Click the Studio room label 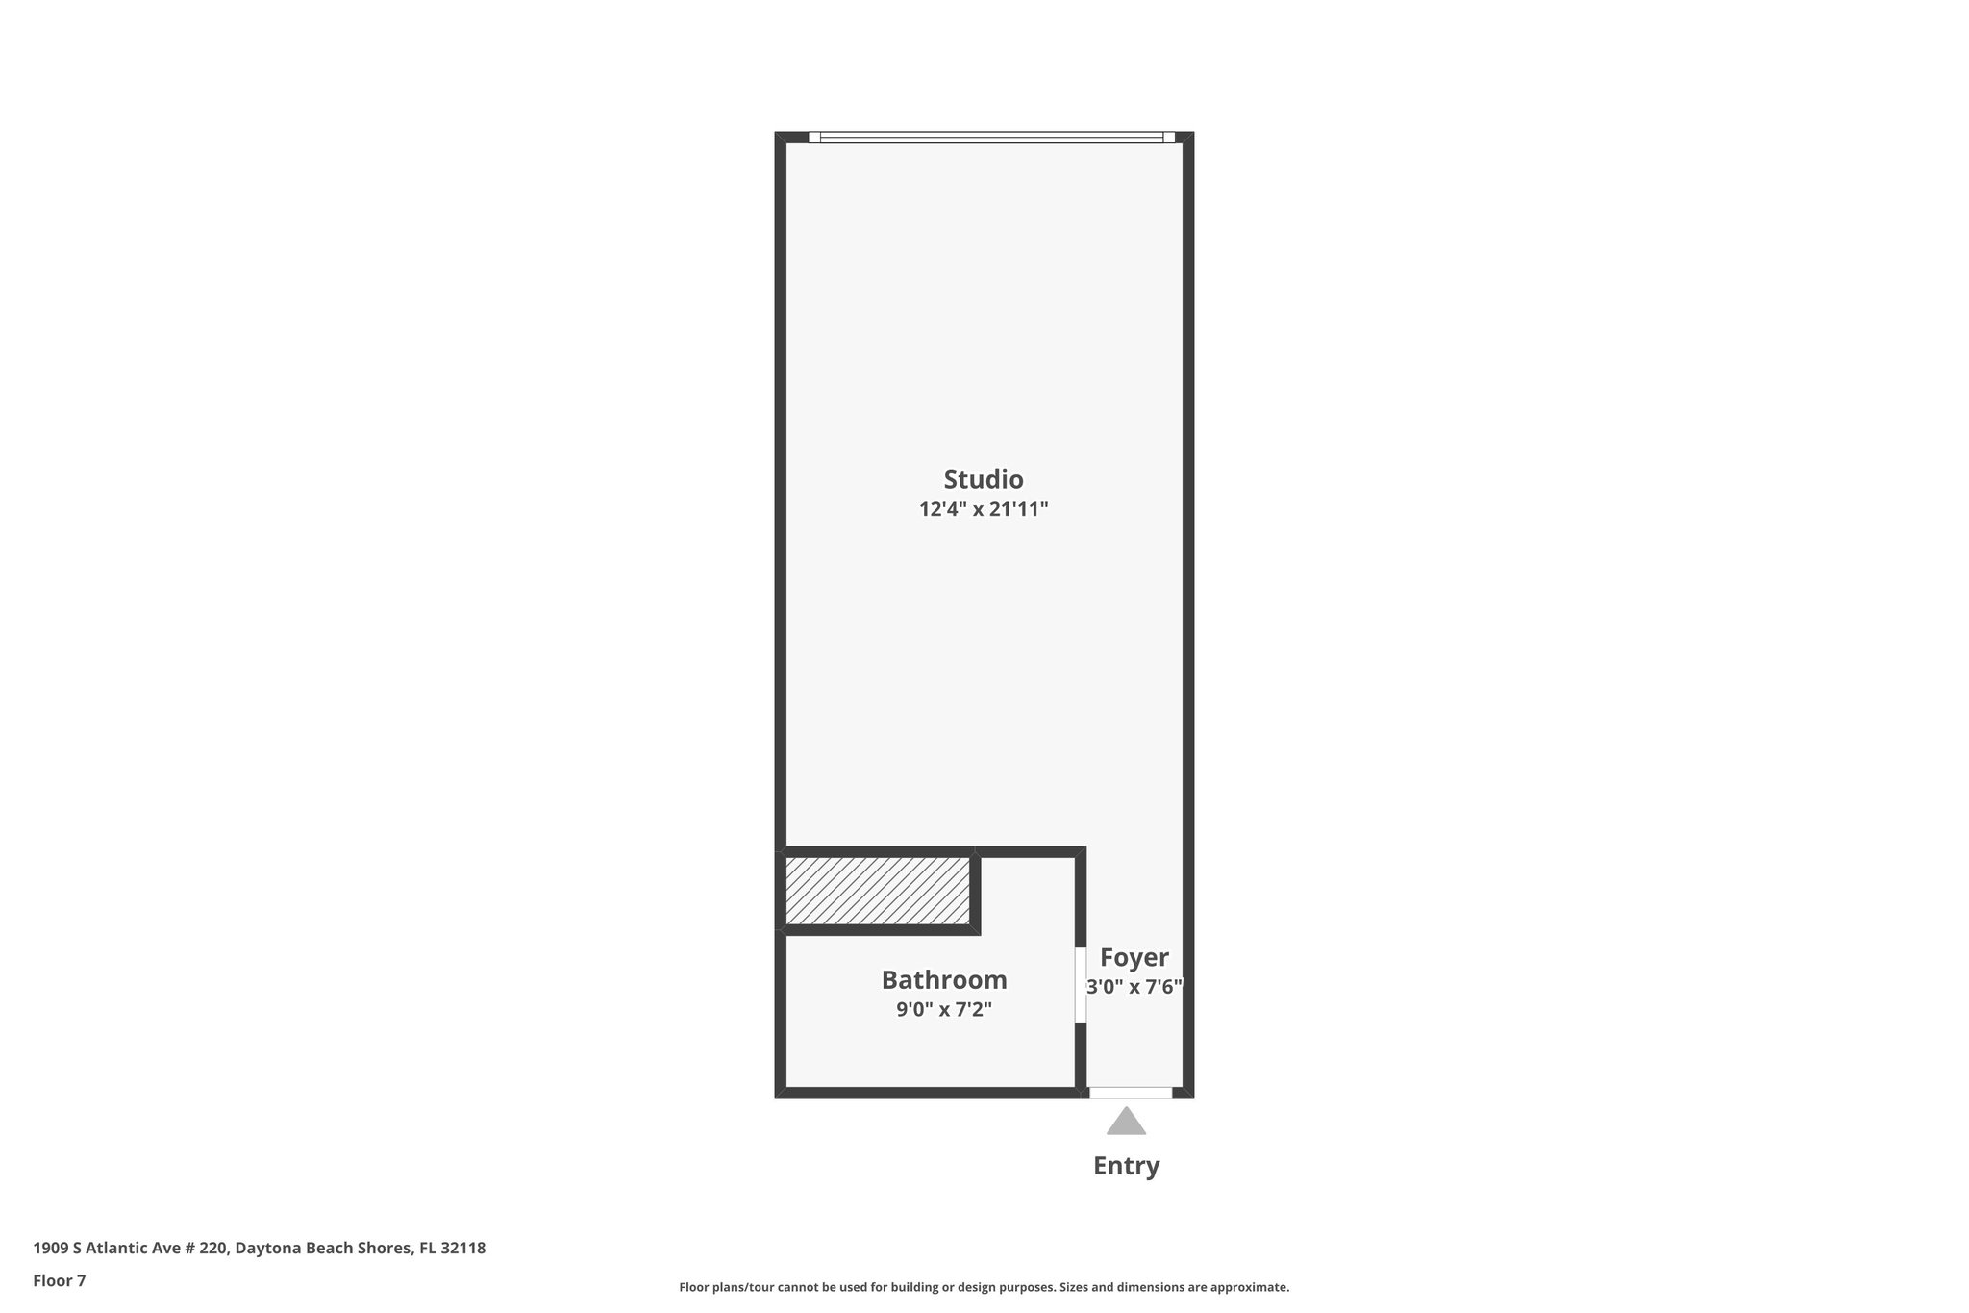tap(983, 479)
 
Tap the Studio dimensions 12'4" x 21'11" tap(983, 509)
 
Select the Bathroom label tap(944, 980)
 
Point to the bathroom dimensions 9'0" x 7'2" tap(944, 1010)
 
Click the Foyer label tap(1134, 958)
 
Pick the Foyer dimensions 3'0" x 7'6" tap(1134, 987)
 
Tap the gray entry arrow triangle tap(1126, 1123)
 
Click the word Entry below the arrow tap(1126, 1166)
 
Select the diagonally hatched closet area tap(877, 891)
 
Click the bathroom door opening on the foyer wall tap(1081, 985)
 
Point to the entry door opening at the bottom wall tap(1131, 1093)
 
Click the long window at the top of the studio tap(991, 138)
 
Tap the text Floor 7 tap(60, 1280)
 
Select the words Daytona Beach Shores tap(325, 1249)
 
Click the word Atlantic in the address tap(118, 1249)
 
